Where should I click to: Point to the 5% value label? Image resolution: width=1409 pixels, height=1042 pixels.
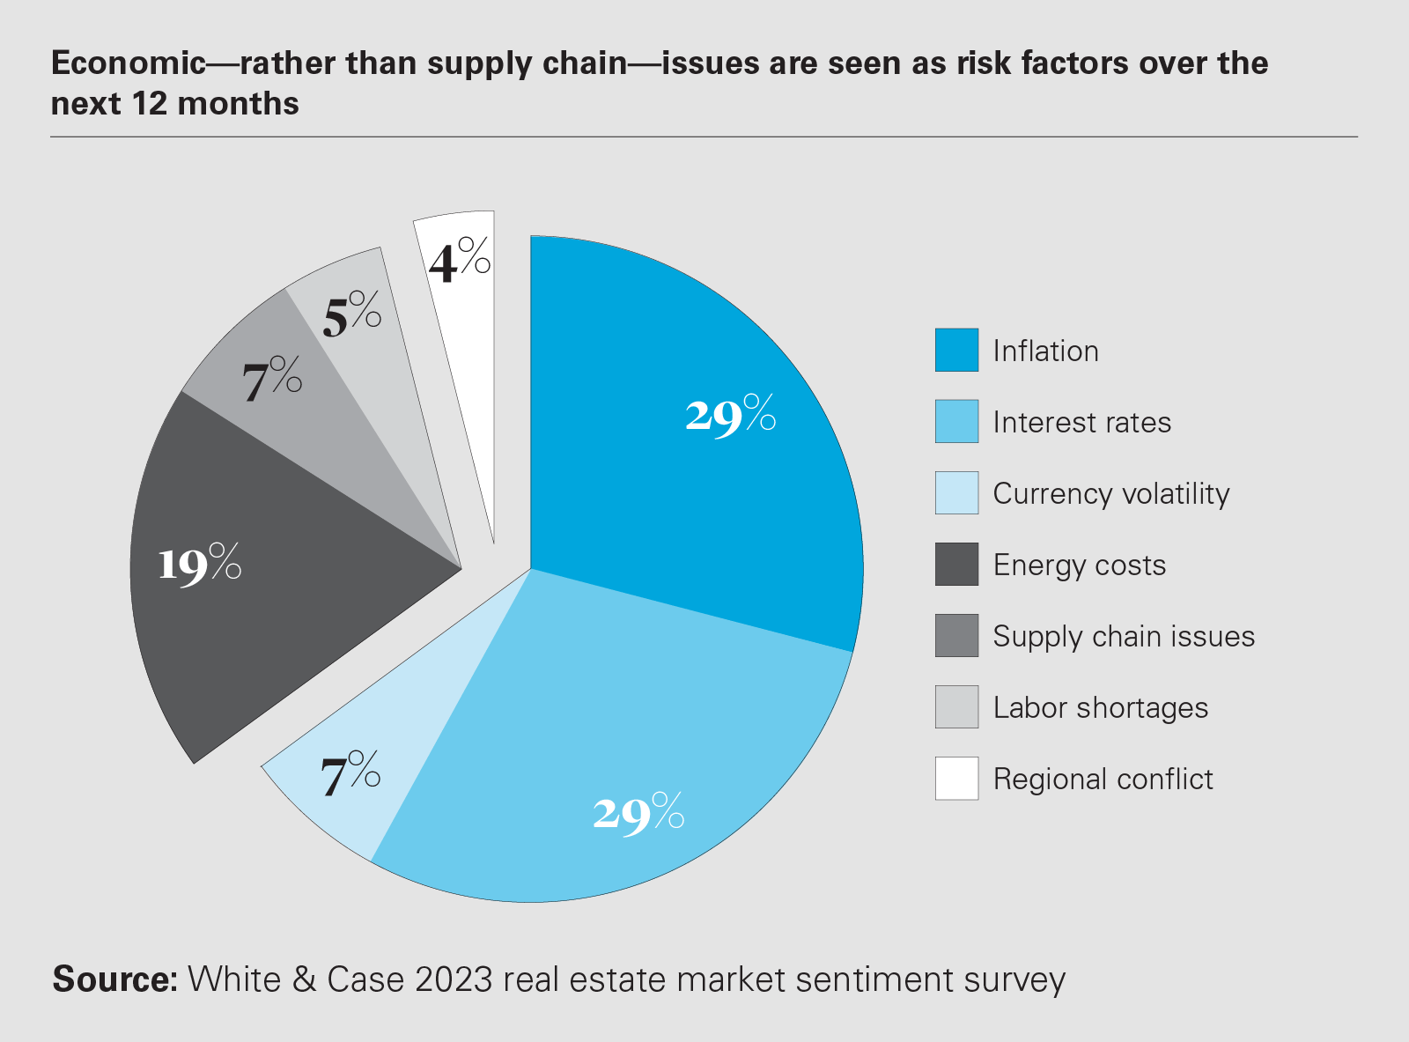coord(351,314)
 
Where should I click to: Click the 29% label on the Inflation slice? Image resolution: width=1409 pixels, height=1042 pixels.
coord(730,414)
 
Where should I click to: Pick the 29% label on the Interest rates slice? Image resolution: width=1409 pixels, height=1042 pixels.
coord(638,812)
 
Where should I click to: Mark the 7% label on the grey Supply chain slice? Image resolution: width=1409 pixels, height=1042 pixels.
coord(271,380)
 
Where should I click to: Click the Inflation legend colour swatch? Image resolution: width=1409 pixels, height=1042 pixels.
coord(956,350)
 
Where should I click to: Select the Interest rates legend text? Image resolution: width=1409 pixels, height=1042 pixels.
coord(1081,423)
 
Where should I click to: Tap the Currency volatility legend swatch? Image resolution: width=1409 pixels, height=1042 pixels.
coord(956,492)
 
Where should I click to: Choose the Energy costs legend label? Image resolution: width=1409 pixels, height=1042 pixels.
coord(1079,565)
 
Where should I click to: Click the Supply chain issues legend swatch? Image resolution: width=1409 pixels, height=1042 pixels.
coord(956,635)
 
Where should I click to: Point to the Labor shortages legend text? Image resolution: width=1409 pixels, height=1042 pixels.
coord(1100,708)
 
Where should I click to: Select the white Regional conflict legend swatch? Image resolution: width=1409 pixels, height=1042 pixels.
coord(956,778)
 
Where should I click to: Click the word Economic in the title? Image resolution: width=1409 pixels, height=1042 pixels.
coord(128,63)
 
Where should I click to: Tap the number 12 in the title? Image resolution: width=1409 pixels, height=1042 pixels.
coord(149,104)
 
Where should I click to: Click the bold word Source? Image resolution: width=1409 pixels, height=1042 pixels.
coord(114,979)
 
